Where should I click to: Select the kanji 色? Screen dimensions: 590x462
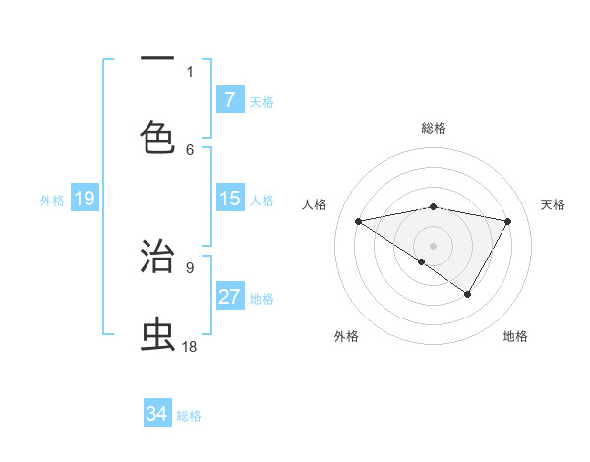[x=158, y=137]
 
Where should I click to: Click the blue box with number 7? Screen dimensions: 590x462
[x=229, y=99]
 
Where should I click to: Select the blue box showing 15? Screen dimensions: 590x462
[x=229, y=199]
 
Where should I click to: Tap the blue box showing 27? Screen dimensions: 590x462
[x=229, y=297]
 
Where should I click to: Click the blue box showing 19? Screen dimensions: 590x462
[x=84, y=199]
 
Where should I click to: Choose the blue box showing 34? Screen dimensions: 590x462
[x=157, y=414]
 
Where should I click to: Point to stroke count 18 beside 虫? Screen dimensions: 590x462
[x=191, y=346]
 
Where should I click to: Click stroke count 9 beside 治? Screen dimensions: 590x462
[x=190, y=266]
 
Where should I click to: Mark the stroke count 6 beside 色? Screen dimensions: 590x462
[x=190, y=149]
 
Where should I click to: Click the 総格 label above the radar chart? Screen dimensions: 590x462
[x=434, y=128]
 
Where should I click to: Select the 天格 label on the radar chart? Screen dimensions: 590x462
[x=553, y=204]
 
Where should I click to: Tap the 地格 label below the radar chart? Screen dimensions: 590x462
[x=515, y=336]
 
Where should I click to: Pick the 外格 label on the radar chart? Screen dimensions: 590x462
[x=346, y=336]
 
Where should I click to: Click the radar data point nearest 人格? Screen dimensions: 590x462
[x=358, y=221]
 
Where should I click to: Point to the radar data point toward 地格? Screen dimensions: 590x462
[x=468, y=294]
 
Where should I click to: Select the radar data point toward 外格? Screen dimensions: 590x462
[x=422, y=261]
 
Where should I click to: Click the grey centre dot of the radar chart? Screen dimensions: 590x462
[x=433, y=245]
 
